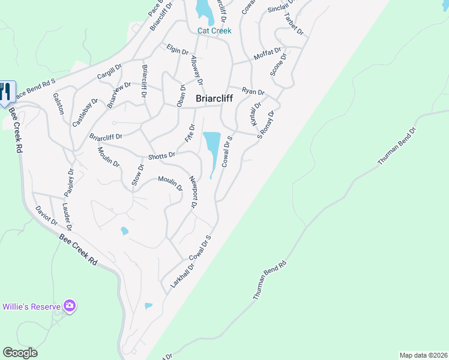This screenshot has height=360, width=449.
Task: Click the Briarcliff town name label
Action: click(x=214, y=99)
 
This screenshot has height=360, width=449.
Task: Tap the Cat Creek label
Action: click(x=214, y=31)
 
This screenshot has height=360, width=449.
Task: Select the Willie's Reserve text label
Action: click(x=31, y=307)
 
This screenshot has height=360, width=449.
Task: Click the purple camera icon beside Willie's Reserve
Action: click(x=70, y=307)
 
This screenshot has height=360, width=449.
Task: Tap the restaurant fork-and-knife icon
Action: click(x=6, y=91)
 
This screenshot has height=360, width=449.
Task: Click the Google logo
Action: click(x=20, y=353)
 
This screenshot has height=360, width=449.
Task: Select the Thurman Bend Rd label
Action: click(x=270, y=280)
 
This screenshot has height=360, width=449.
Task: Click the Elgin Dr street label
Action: click(x=179, y=50)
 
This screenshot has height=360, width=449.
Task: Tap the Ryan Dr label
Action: click(x=253, y=91)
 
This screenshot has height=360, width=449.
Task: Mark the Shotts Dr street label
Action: click(x=161, y=155)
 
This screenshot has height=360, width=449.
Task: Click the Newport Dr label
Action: click(x=193, y=192)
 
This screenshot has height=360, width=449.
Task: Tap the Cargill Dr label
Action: click(x=109, y=72)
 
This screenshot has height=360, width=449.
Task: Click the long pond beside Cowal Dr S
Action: click(x=212, y=151)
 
